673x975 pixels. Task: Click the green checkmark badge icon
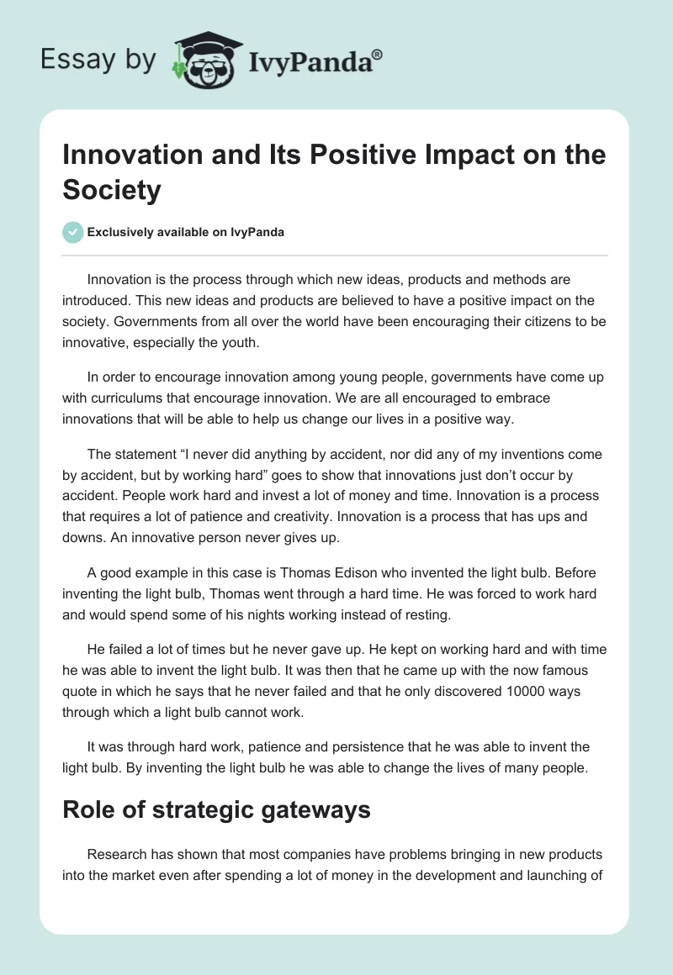click(x=73, y=232)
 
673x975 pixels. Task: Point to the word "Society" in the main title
click(x=112, y=191)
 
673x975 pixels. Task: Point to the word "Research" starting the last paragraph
click(x=119, y=854)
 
